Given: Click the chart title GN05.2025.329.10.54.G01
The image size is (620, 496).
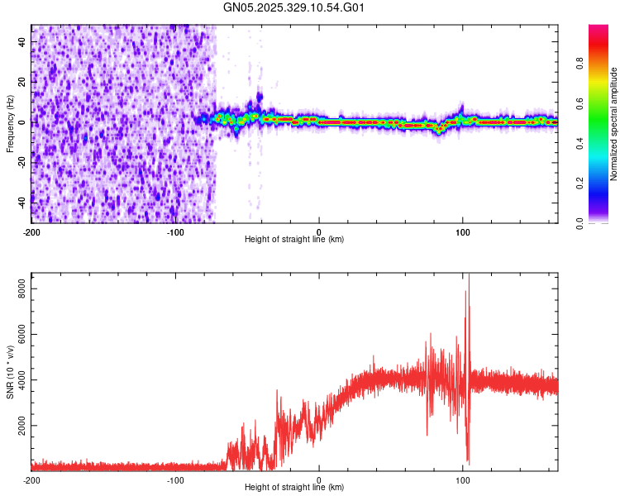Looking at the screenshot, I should point(294,8).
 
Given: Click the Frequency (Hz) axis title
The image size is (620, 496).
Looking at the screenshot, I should point(10,124).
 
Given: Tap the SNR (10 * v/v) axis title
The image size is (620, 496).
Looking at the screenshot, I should point(10,373).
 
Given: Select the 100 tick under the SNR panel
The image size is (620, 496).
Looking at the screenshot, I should point(463,480).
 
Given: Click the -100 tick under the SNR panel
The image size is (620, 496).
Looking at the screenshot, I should point(175,480).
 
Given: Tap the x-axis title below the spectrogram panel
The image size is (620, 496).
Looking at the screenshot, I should point(294,240).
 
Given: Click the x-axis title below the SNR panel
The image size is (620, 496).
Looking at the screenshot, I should point(294,488).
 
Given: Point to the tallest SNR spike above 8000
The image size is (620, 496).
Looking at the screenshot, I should point(469,276).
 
